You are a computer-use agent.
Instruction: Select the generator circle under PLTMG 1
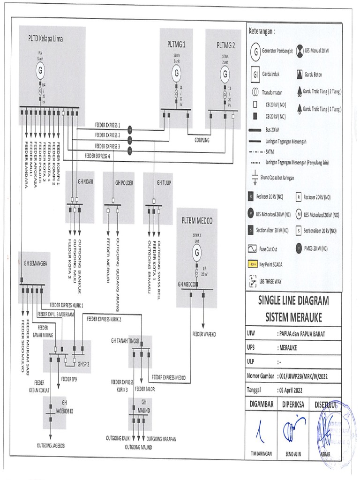(x=176, y=73)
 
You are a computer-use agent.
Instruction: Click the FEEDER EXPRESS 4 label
(x=98, y=155)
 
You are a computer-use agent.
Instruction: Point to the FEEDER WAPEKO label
(x=204, y=335)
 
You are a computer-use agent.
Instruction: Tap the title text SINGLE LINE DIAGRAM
(x=293, y=300)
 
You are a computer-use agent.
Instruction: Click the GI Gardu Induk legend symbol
(x=255, y=75)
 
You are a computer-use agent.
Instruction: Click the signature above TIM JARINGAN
(x=259, y=432)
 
